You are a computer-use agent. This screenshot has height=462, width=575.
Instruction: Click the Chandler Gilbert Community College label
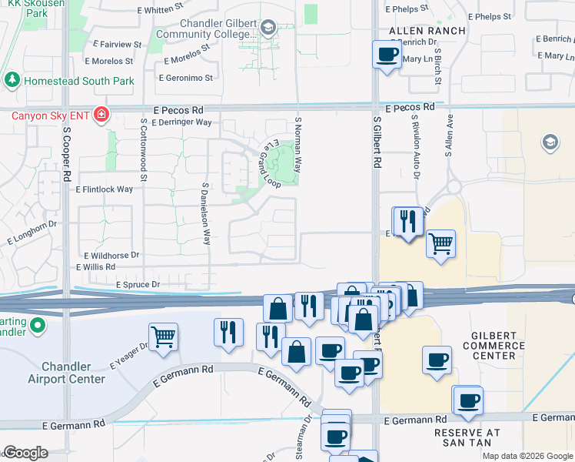206,28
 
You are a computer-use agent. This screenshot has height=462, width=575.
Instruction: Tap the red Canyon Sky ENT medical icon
101,116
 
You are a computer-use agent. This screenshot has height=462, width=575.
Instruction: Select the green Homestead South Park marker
12,80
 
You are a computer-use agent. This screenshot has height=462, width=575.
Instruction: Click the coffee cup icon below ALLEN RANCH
387,55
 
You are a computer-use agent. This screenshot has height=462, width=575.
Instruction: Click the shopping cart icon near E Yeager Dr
163,337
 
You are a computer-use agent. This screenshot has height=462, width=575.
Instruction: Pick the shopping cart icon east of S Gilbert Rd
440,245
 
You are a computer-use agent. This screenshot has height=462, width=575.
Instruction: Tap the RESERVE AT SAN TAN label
468,438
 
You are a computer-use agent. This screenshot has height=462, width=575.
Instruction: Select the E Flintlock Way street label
104,189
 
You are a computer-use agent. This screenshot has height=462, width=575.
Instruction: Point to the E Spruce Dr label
138,285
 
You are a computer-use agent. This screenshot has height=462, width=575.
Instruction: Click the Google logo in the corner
25,452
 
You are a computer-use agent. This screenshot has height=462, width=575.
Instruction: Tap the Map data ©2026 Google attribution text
527,456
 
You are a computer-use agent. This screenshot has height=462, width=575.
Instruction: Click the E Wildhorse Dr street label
108,255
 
